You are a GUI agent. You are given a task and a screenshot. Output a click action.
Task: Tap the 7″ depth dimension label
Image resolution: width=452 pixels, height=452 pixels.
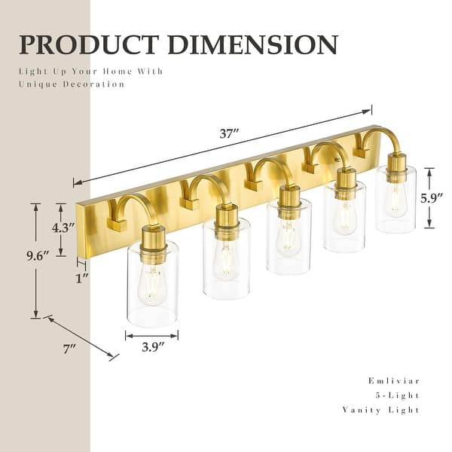point(70,349)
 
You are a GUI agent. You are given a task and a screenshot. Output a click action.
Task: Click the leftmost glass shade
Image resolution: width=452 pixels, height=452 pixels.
point(152,282)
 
